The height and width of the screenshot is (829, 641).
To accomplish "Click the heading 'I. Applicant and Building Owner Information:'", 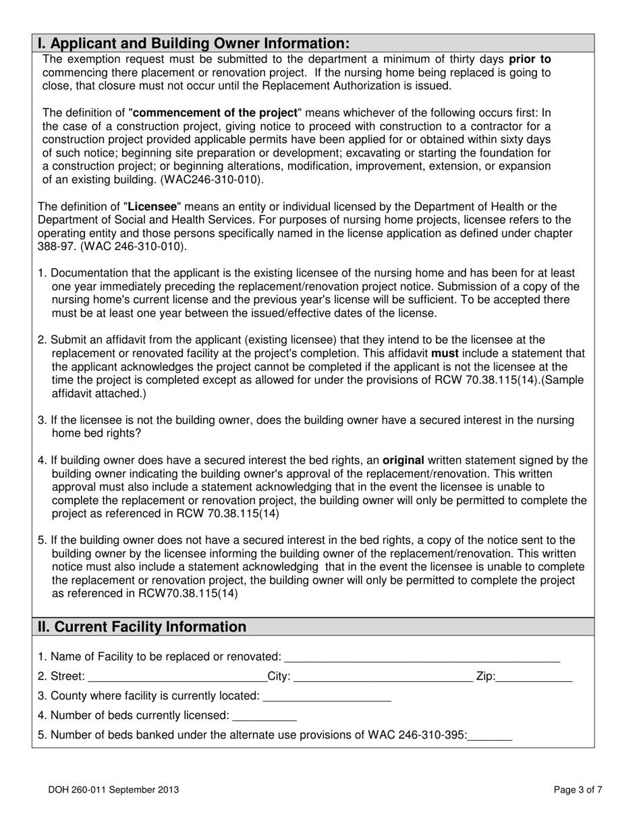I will pos(194,43).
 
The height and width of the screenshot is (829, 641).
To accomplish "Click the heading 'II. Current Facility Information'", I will pos(142,627).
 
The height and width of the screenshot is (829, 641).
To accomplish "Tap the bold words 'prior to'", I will pos(530,59).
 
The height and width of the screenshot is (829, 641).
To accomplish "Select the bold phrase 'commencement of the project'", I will pos(215,113).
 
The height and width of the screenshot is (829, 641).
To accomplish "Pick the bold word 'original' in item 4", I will pos(403,460).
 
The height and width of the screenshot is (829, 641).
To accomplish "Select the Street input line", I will pos(177,677).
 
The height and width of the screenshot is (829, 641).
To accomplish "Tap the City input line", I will pos(383,677).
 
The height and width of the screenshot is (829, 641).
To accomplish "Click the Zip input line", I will pos(534,677).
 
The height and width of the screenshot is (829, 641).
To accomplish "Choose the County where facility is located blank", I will pos(327,696).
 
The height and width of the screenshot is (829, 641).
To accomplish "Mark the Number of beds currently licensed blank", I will pos(264,715).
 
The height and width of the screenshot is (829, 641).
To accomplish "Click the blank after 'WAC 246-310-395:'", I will pos(490,735).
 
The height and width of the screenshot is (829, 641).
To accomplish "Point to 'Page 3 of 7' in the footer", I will pos(578,790).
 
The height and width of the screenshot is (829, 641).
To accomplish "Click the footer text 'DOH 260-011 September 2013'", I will pos(113,790).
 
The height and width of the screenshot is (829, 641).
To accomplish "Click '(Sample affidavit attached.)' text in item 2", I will pos(92,393).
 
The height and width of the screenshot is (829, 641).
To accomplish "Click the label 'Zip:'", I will pos(486,676).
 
